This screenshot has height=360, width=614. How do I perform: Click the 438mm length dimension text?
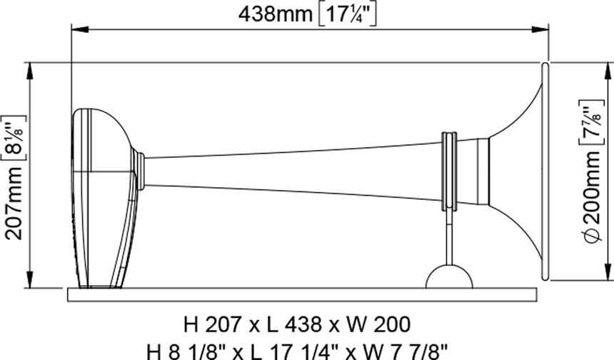pyautogui.click(x=276, y=15)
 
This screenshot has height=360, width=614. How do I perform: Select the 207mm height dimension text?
pyautogui.click(x=14, y=203)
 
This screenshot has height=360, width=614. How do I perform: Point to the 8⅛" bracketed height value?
pyautogui.click(x=14, y=137)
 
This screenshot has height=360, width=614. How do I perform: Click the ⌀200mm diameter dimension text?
pyautogui.click(x=590, y=196)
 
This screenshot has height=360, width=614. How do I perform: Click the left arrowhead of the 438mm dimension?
pyautogui.click(x=80, y=29)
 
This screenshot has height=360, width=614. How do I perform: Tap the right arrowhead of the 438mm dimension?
pyautogui.click(x=540, y=29)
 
